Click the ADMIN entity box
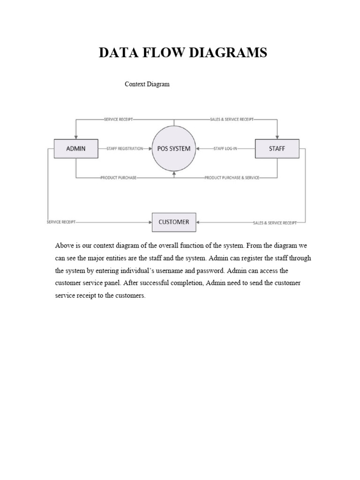click(76, 149)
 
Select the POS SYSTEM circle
click(173, 149)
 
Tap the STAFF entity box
click(277, 149)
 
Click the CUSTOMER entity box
click(174, 222)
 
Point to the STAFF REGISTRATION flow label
click(125, 149)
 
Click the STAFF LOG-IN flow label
click(225, 149)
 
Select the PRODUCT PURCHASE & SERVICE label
click(232, 178)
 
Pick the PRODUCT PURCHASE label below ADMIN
click(118, 178)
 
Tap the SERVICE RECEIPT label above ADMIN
click(119, 119)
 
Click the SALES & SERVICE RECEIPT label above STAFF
click(232, 119)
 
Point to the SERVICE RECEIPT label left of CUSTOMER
click(61, 222)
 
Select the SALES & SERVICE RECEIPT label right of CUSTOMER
click(274, 223)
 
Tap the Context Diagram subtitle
click(147, 84)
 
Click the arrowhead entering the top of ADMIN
click(76, 137)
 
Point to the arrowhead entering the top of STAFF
click(277, 137)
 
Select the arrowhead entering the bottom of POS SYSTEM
click(174, 173)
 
